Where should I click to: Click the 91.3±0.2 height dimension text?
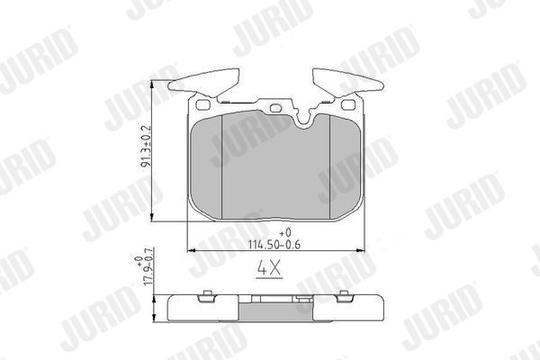pyautogui.click(x=146, y=147)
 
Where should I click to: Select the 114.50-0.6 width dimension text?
pyautogui.click(x=274, y=245)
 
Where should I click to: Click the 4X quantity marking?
pyautogui.click(x=270, y=268)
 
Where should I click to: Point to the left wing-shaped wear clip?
pyautogui.click(x=203, y=83)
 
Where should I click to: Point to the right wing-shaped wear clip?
pyautogui.click(x=347, y=83)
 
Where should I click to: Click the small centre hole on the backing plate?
pyautogui.click(x=276, y=108)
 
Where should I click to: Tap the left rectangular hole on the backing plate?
pyautogui.click(x=202, y=104)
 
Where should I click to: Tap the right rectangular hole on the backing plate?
pyautogui.click(x=347, y=104)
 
